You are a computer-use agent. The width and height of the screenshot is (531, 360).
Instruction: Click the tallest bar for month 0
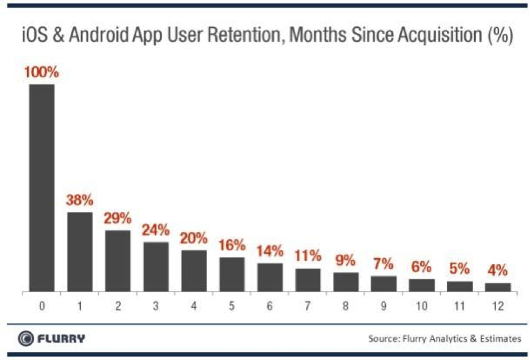point(42,188)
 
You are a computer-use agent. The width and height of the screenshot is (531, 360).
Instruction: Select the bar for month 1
point(80,251)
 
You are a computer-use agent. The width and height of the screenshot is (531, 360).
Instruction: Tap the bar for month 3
point(156,267)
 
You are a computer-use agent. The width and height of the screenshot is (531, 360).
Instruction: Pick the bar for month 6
point(270,277)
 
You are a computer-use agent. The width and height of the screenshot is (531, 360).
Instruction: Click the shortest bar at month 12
point(498,287)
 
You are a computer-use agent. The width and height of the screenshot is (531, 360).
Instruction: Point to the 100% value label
point(41,73)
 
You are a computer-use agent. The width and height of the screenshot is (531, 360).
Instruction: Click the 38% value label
point(80,200)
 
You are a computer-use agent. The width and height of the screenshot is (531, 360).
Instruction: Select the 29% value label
point(117,219)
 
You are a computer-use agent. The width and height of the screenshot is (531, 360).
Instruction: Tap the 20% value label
point(194,239)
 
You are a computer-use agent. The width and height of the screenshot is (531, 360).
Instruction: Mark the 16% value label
point(232,245)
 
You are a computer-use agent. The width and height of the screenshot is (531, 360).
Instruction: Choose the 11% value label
point(308,257)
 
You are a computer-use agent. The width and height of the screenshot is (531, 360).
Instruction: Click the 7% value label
point(384,264)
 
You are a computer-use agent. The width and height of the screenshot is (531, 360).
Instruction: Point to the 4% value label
point(498,271)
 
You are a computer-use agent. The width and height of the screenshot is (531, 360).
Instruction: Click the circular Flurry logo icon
point(25,338)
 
